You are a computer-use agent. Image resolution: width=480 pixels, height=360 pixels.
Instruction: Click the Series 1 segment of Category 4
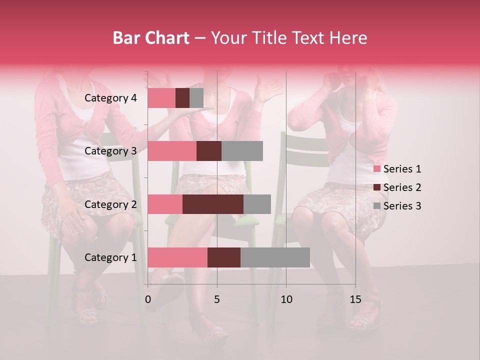point(161,98)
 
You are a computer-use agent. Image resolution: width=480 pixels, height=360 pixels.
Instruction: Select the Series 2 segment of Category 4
point(182,98)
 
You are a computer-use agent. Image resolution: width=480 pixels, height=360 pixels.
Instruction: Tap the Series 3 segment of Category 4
point(196,98)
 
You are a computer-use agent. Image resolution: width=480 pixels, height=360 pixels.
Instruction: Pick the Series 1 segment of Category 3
point(172,151)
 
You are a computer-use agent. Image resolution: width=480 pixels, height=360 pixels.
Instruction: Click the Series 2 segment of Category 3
point(209,151)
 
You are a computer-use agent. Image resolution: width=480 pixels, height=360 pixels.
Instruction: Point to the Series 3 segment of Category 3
point(242,151)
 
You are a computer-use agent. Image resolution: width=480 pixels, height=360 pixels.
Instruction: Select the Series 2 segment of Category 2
point(213,204)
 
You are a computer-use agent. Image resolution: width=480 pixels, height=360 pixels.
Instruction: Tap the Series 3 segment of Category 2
point(257,204)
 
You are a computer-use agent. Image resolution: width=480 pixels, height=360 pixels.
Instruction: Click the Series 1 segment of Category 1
point(177,257)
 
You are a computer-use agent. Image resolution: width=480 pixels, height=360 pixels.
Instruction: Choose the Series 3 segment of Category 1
point(275,257)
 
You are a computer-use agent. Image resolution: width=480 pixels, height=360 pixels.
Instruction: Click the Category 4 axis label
point(110,98)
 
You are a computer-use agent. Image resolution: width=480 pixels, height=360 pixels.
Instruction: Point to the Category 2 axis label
point(110,204)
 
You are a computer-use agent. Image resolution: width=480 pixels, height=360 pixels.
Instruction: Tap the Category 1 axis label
point(110,257)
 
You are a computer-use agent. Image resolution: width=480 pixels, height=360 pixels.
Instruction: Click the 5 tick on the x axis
point(217,299)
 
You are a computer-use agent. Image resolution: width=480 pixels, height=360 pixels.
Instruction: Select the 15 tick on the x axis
point(355,299)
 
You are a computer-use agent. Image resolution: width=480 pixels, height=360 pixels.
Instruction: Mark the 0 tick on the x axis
point(148,299)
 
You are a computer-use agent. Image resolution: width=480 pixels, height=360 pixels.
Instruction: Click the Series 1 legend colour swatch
point(376,169)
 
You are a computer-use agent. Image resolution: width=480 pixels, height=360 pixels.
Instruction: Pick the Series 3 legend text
point(402,206)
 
